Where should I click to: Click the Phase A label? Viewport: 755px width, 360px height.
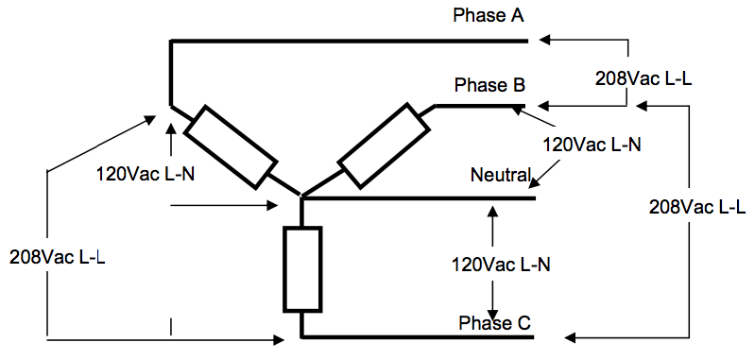(489, 16)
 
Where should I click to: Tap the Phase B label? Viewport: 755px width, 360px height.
(489, 85)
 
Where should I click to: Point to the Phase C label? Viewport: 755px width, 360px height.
(494, 324)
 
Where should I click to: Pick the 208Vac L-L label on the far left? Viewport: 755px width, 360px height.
(57, 256)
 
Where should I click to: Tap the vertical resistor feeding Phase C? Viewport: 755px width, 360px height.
(301, 268)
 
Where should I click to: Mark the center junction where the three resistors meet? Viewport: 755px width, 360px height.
(300, 197)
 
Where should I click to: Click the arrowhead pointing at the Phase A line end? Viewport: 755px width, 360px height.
(546, 40)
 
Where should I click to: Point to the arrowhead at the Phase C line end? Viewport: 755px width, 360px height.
(569, 337)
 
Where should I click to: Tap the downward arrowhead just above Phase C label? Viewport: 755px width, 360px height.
(491, 313)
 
